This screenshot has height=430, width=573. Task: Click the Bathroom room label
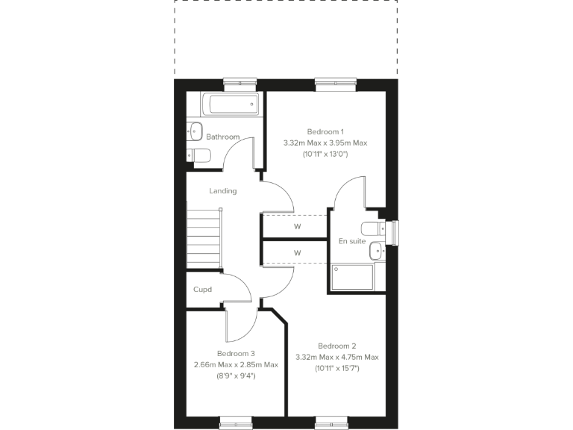click(x=223, y=137)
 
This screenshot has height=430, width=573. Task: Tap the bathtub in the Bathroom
click(x=231, y=104)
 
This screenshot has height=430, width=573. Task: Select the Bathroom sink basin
click(x=195, y=131)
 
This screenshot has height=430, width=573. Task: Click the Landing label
click(x=222, y=191)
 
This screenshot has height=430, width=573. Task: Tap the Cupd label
click(x=202, y=290)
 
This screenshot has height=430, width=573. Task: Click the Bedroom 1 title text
click(x=325, y=131)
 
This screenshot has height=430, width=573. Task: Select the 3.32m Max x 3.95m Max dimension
click(x=325, y=143)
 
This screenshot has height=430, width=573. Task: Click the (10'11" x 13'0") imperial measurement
click(x=325, y=154)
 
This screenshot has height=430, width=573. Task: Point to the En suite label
click(x=351, y=241)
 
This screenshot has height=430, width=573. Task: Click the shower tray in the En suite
click(x=351, y=277)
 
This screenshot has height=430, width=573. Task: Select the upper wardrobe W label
click(x=297, y=226)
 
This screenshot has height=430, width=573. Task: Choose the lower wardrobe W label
click(x=297, y=253)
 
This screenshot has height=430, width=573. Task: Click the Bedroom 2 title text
click(x=336, y=346)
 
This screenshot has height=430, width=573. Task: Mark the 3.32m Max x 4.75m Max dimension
click(x=336, y=357)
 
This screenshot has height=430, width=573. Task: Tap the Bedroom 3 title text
click(x=236, y=353)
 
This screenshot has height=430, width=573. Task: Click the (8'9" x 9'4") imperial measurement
click(x=236, y=376)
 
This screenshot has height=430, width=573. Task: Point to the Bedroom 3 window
click(x=236, y=422)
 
